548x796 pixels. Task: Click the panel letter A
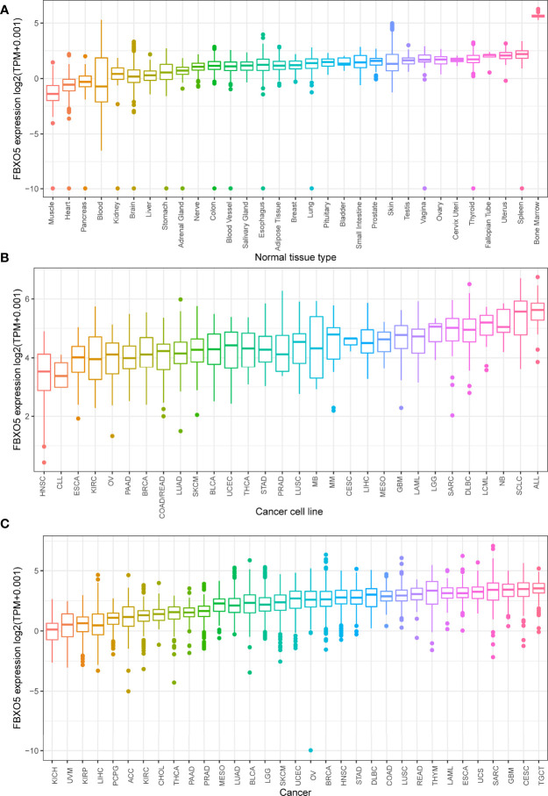[x=6, y=6]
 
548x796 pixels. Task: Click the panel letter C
[x=6, y=519]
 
